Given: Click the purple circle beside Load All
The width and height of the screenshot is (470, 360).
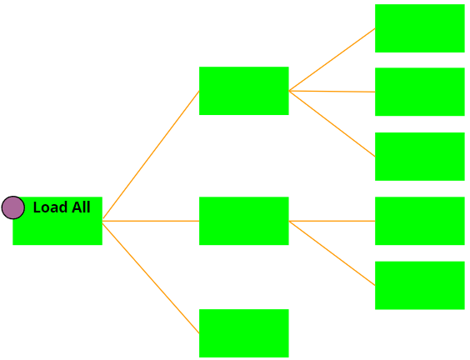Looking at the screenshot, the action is (13, 207).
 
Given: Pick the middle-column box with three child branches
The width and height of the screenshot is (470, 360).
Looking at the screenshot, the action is (244, 91).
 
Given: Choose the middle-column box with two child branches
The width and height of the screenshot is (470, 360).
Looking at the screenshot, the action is (244, 221).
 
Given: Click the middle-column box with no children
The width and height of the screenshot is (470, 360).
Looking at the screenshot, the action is (244, 333).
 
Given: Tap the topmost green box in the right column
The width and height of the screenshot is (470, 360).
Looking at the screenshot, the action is (420, 28).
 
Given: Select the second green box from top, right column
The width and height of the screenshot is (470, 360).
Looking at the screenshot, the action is (420, 92).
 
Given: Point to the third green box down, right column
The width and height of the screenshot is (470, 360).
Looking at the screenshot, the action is (420, 157).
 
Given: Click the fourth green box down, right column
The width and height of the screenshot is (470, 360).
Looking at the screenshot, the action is (420, 221).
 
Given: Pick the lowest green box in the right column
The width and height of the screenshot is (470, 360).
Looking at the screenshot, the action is (420, 285).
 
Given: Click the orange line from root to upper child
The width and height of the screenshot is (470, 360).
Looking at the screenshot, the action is (151, 155).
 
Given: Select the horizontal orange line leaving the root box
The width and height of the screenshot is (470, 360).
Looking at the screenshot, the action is (151, 221).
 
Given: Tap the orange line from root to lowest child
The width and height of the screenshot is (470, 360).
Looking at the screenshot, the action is (151, 278).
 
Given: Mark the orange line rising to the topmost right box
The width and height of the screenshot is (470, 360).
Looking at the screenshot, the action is (332, 59).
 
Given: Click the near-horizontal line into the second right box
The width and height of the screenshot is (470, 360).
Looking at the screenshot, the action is (332, 92).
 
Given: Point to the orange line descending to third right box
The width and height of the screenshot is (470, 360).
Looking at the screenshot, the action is (332, 124).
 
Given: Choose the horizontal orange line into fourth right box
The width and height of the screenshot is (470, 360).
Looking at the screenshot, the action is (332, 221).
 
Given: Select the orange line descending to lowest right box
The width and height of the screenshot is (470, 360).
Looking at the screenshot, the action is (332, 253).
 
